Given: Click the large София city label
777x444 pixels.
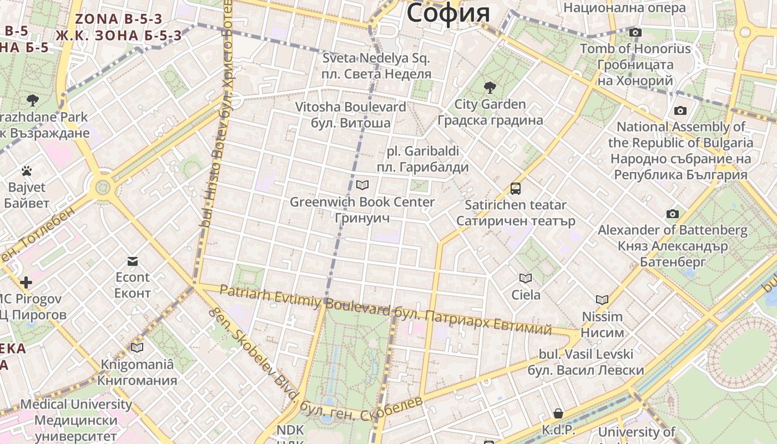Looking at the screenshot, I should (x=448, y=12).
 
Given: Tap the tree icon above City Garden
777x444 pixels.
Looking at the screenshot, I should (x=490, y=87).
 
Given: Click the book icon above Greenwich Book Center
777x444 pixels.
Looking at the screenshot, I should (x=362, y=185).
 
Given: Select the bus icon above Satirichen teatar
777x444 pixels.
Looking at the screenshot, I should (x=516, y=189).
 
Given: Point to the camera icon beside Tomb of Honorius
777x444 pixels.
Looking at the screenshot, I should (x=635, y=33).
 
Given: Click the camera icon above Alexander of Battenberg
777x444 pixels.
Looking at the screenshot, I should (x=672, y=214).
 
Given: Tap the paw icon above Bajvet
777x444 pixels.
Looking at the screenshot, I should (x=27, y=171).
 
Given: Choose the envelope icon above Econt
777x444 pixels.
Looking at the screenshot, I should (x=133, y=261).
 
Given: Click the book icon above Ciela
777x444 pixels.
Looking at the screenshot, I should (x=525, y=278).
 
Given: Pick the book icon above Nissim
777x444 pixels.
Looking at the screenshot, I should (x=602, y=300).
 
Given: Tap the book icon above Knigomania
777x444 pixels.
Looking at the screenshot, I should (x=137, y=348).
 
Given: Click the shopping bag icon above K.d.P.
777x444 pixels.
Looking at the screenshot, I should (x=558, y=413).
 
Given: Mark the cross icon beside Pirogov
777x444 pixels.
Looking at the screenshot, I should (x=26, y=282).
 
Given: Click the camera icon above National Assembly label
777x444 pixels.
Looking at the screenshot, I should (x=680, y=111).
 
